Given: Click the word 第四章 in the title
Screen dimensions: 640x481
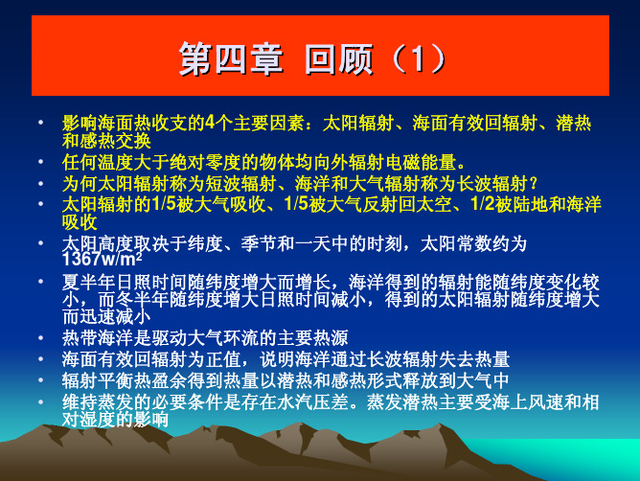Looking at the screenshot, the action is click(x=231, y=58).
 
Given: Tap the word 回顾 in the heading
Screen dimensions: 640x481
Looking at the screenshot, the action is click(x=339, y=58).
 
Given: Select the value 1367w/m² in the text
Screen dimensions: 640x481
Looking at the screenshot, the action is click(x=103, y=259).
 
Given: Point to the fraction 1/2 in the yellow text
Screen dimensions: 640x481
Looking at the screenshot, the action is click(x=483, y=204).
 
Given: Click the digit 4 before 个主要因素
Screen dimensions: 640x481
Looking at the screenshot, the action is click(x=210, y=123).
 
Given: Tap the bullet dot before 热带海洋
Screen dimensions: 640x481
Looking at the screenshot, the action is click(x=40, y=337).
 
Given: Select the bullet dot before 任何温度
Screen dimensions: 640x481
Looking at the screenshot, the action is click(x=40, y=162).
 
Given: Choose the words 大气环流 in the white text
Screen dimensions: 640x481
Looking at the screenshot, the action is click(x=223, y=337).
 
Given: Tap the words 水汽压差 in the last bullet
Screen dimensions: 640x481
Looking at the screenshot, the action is click(x=312, y=401).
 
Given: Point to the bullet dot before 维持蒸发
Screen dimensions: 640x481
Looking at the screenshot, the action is click(x=40, y=401).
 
